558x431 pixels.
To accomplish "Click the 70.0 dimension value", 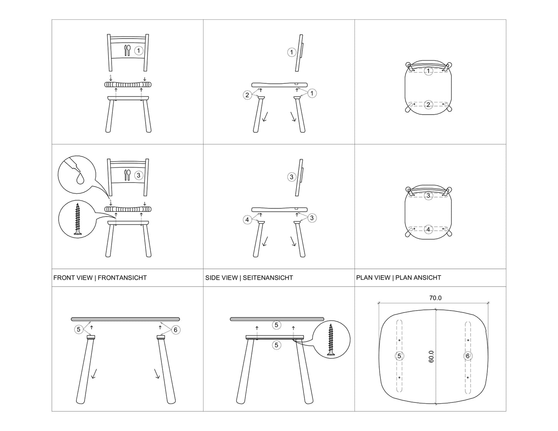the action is [435, 298].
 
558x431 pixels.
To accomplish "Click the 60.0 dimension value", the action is [431, 357].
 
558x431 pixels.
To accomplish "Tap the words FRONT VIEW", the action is [73, 277].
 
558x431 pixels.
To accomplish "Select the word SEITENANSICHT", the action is [268, 277].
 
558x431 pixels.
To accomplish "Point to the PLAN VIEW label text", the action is [373, 277].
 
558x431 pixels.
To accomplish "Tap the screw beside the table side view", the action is [331, 340].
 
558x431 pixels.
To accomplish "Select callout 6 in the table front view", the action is [176, 330].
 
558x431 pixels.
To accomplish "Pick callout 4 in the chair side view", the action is [247, 220].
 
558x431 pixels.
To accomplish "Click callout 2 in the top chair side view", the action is [247, 95].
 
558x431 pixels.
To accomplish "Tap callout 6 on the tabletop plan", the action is [468, 356].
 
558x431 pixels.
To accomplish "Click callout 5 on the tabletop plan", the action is [399, 356].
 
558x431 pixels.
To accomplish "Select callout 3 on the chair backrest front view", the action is [139, 175].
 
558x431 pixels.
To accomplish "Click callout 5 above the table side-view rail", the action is [276, 325].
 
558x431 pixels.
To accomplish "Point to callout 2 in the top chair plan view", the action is [428, 105].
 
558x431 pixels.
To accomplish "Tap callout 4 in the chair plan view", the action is [428, 229].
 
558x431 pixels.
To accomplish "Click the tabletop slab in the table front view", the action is [126, 319].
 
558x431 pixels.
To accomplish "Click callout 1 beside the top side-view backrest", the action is [292, 52].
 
